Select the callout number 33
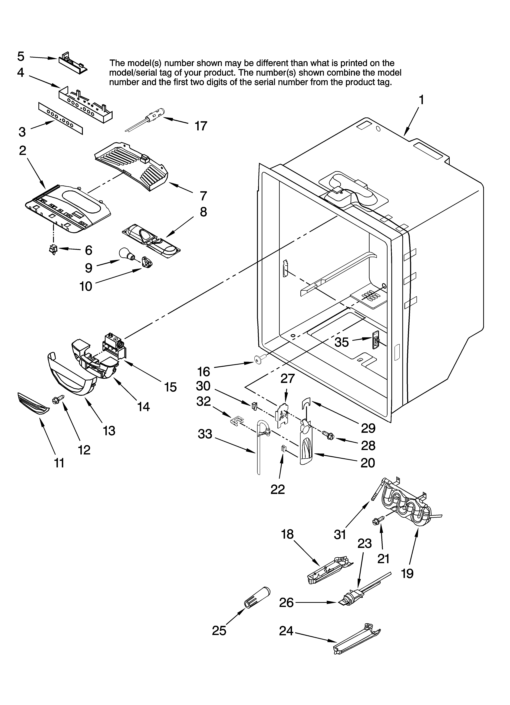[205, 434]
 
